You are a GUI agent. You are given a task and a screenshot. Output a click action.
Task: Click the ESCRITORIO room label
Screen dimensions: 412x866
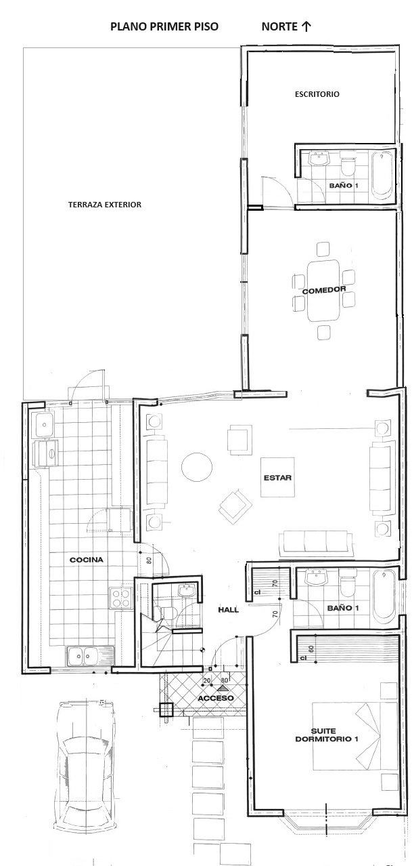click(x=317, y=94)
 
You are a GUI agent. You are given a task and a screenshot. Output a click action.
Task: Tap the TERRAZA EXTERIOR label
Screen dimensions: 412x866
click(x=105, y=205)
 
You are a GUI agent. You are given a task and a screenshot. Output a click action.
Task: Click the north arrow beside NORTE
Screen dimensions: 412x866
click(x=306, y=26)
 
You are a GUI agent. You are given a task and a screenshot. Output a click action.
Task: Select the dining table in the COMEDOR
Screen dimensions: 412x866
click(x=323, y=290)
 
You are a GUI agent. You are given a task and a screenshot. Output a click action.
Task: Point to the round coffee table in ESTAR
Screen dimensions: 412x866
click(x=197, y=467)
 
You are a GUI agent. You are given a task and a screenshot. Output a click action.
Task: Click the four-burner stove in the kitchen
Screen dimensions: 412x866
click(x=121, y=598)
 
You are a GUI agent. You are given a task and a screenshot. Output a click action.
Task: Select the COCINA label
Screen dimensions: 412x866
click(x=87, y=560)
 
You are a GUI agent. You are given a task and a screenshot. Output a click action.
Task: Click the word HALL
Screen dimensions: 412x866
click(x=229, y=610)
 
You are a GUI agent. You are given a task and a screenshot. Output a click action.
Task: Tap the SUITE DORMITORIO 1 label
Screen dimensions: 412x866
click(x=327, y=735)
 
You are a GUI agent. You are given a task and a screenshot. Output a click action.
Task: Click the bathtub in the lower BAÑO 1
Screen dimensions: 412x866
click(x=384, y=596)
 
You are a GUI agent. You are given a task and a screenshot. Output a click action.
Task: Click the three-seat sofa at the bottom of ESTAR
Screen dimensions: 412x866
click(x=316, y=543)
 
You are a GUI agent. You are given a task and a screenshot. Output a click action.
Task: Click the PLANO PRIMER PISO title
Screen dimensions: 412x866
click(x=164, y=26)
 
